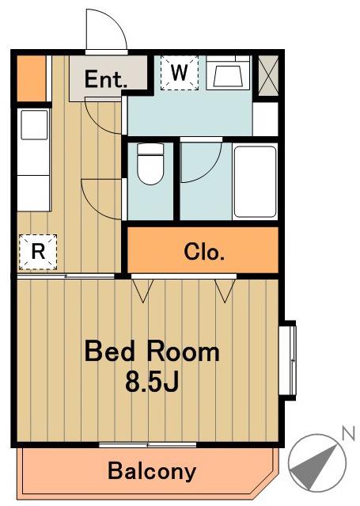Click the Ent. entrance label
point(106,79)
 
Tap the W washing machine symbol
point(180,73)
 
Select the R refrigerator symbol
point(38,252)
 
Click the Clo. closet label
point(204,252)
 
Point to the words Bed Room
point(152,352)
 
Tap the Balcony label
point(152,471)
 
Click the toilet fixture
point(150,164)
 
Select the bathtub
point(255,182)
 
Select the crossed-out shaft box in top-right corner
point(268,75)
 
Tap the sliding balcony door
point(147,445)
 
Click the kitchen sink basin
point(34,124)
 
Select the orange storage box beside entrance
point(31,78)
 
